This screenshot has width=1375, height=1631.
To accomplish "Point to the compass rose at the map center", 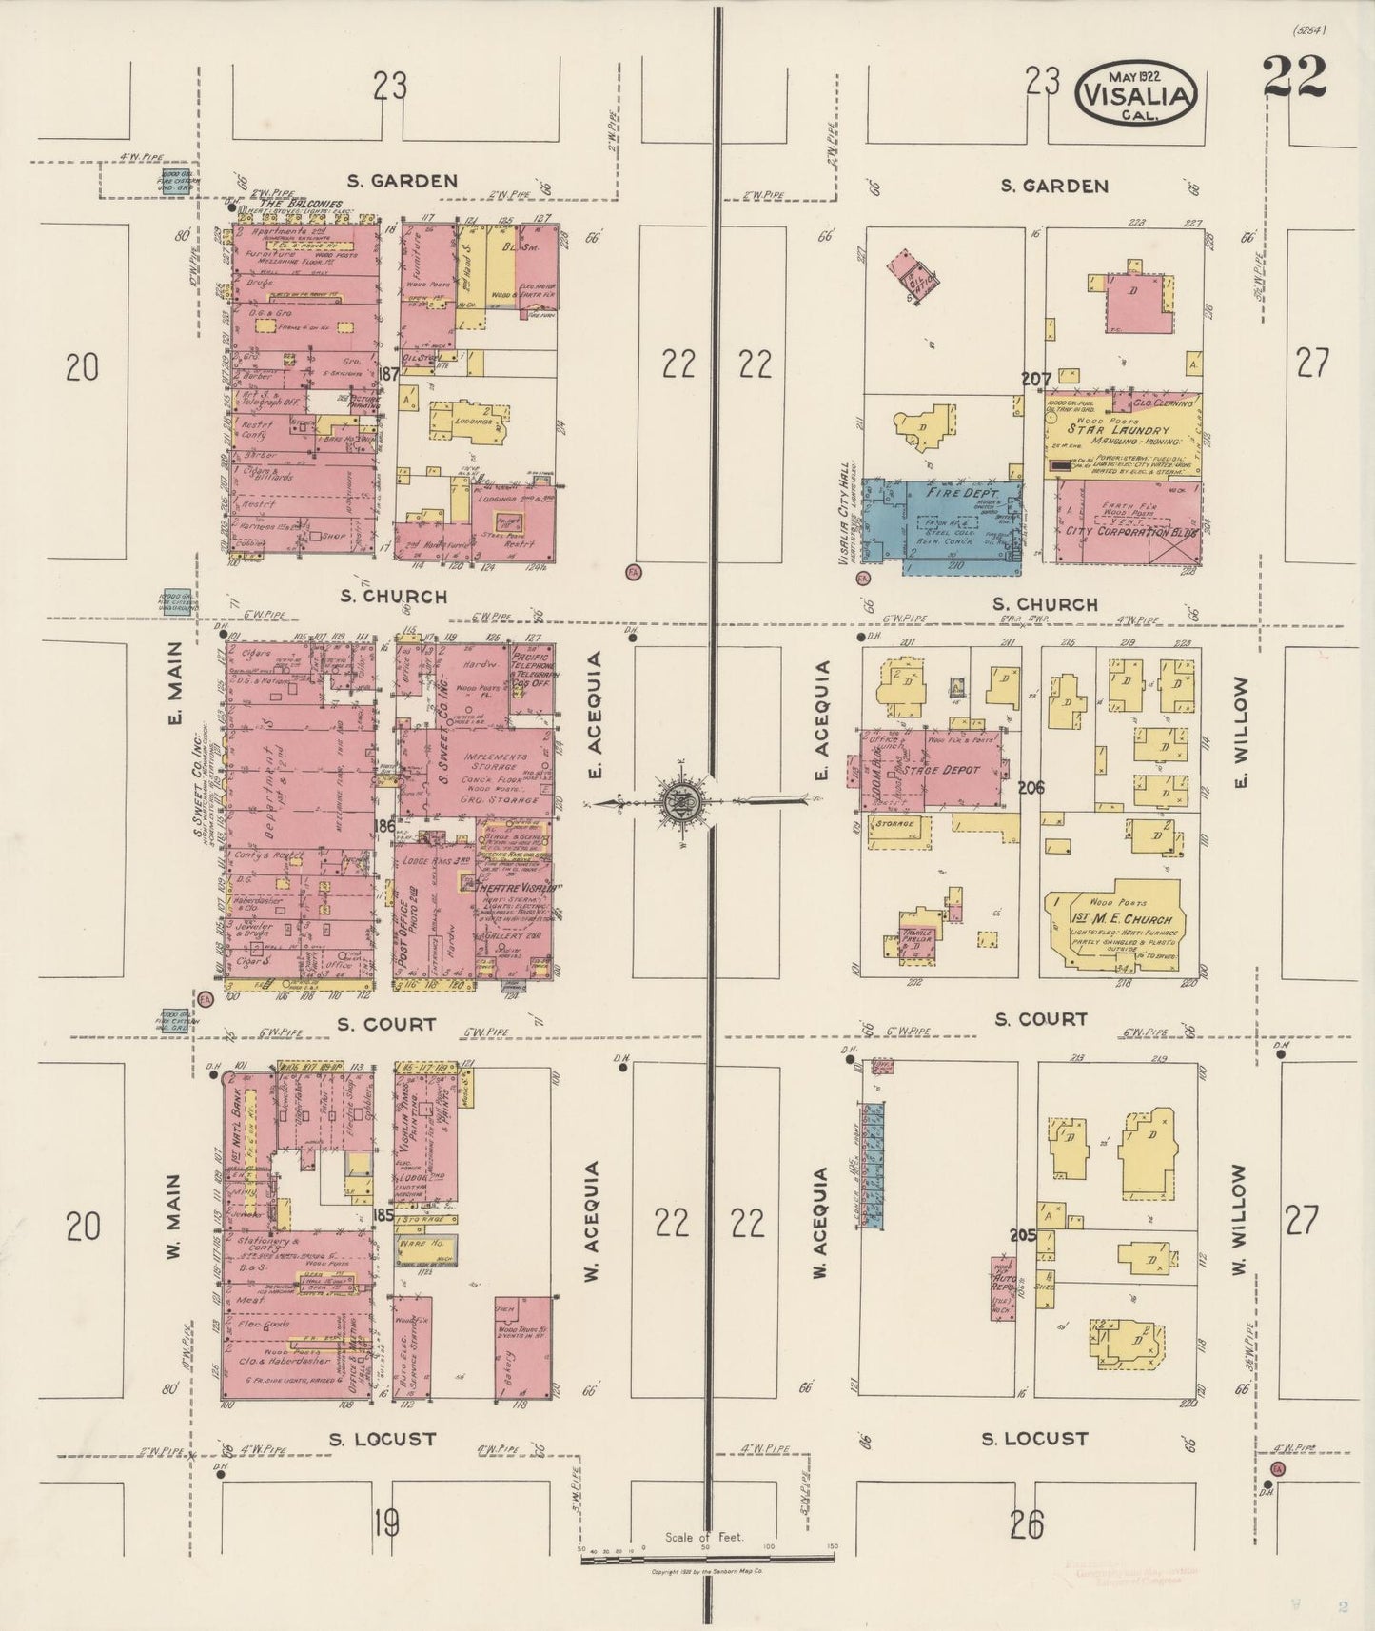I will point(683,802).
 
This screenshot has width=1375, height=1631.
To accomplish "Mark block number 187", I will point(386,375).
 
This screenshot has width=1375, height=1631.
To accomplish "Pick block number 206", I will point(1031,787).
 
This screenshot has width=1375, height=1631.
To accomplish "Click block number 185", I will point(383,1215).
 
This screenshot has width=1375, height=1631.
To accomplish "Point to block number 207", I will point(1035,380).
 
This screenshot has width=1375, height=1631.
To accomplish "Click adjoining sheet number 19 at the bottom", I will point(385,1523).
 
